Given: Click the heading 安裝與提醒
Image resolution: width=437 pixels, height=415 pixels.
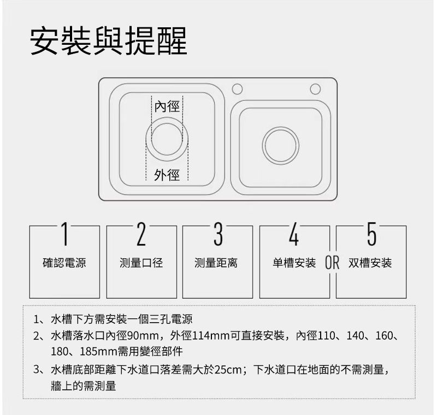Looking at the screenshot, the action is click(x=108, y=41).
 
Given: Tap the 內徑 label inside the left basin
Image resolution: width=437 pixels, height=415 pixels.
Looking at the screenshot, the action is click(x=167, y=107).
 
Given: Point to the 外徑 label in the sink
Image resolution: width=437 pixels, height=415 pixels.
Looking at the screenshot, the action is click(x=167, y=175).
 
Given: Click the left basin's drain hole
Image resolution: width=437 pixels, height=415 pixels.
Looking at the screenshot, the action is click(x=167, y=139).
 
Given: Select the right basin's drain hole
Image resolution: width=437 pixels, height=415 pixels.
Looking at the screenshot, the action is click(x=281, y=145).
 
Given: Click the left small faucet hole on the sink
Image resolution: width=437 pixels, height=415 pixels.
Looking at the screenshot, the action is click(x=237, y=89).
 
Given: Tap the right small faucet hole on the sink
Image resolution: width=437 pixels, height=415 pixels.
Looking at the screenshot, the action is click(x=315, y=89).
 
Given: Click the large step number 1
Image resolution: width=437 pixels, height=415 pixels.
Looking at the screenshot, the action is click(x=64, y=234).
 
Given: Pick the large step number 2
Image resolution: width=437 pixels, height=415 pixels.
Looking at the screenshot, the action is click(x=141, y=234).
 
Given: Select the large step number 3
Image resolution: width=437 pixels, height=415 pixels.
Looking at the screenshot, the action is click(x=218, y=234).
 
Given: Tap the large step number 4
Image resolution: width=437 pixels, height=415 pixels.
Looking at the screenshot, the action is click(x=294, y=234).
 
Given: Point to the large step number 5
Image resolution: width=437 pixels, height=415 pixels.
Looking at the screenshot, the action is click(x=372, y=234).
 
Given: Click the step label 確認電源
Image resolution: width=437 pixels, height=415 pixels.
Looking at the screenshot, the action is click(x=64, y=263).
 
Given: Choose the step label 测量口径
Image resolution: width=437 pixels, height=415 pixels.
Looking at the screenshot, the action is click(x=141, y=263).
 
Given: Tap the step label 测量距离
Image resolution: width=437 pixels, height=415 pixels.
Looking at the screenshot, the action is click(x=216, y=263).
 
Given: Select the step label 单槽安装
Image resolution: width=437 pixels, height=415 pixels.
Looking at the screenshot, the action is click(x=294, y=263).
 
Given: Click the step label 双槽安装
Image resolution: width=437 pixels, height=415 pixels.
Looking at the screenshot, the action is click(x=370, y=263).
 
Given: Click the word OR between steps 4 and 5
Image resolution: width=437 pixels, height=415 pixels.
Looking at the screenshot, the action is click(x=332, y=263).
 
